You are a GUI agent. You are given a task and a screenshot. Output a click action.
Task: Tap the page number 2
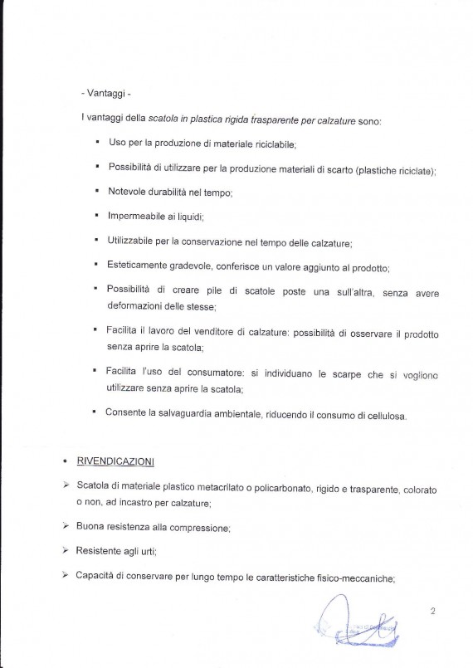pyautogui.click(x=433, y=612)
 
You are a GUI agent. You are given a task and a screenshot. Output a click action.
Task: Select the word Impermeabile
pyautogui.click(x=138, y=217)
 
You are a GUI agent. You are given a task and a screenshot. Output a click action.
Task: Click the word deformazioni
pyautogui.click(x=139, y=307)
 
